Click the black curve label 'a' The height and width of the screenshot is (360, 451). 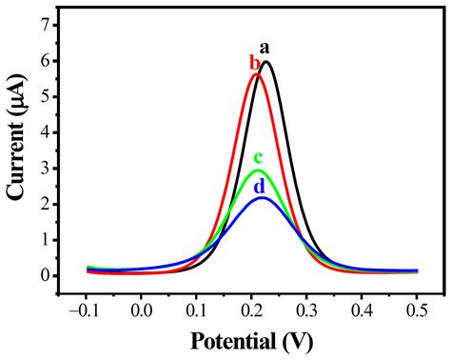coord(265,48)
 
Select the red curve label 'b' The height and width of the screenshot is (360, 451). coord(254,63)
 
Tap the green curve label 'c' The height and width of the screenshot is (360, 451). coord(258,158)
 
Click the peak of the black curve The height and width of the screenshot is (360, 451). coord(266,63)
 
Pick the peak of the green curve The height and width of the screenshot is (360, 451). coord(256,170)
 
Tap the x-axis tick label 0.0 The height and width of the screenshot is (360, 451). coord(142,310)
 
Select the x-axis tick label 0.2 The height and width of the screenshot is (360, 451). coord(252,310)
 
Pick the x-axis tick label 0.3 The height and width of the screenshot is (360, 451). coord(307,310)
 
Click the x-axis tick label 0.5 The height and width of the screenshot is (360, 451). coord(418,310)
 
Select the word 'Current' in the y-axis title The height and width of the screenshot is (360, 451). coord(16,158)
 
